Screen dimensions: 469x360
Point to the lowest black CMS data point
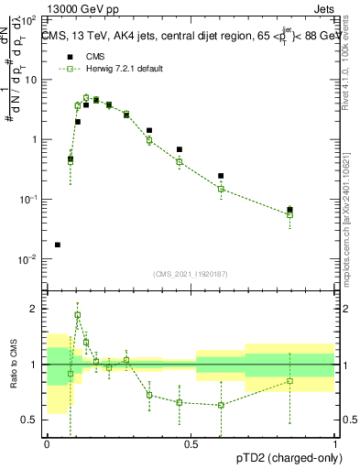[58, 245]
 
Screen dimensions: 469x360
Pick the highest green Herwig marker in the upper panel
[86, 98]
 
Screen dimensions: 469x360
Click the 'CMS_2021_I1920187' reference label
[191, 273]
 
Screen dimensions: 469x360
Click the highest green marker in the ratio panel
[78, 314]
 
